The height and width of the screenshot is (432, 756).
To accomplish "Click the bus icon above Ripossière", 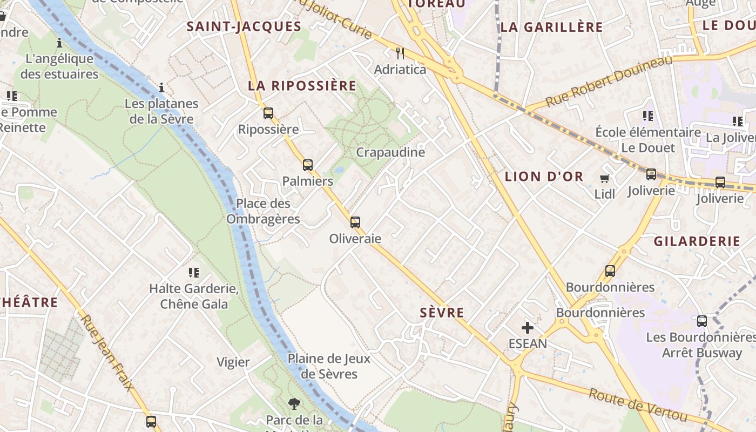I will click(268, 113).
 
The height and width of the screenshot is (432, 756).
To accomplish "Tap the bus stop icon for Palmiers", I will click(308, 165).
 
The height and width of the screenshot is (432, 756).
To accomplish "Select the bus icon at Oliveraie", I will click(355, 222).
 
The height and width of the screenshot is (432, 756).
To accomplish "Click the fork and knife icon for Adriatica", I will click(400, 53).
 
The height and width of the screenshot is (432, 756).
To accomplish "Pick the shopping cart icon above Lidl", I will click(605, 178).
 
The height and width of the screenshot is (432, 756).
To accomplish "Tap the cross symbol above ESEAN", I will click(528, 327).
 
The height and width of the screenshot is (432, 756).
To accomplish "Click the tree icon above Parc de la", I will click(294, 403).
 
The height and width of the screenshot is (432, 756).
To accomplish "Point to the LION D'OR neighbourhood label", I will click(544, 177).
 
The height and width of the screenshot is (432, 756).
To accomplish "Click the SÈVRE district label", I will click(442, 313).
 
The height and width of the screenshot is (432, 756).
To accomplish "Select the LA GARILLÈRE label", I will click(551, 27).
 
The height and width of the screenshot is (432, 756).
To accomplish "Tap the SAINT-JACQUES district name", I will click(244, 26).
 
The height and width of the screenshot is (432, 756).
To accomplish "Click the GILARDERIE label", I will click(697, 241).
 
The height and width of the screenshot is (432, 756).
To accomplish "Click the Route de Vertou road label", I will click(638, 405).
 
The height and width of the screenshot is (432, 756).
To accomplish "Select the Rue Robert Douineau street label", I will click(609, 81).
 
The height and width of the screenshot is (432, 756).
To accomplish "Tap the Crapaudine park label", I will click(390, 152).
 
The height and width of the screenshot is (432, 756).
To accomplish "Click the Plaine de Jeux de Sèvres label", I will click(329, 366).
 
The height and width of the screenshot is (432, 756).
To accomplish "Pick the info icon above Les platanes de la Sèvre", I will click(161, 87).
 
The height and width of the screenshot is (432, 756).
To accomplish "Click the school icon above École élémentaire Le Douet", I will click(648, 116).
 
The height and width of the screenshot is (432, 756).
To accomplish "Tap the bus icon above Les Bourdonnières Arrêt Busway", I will click(702, 321).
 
